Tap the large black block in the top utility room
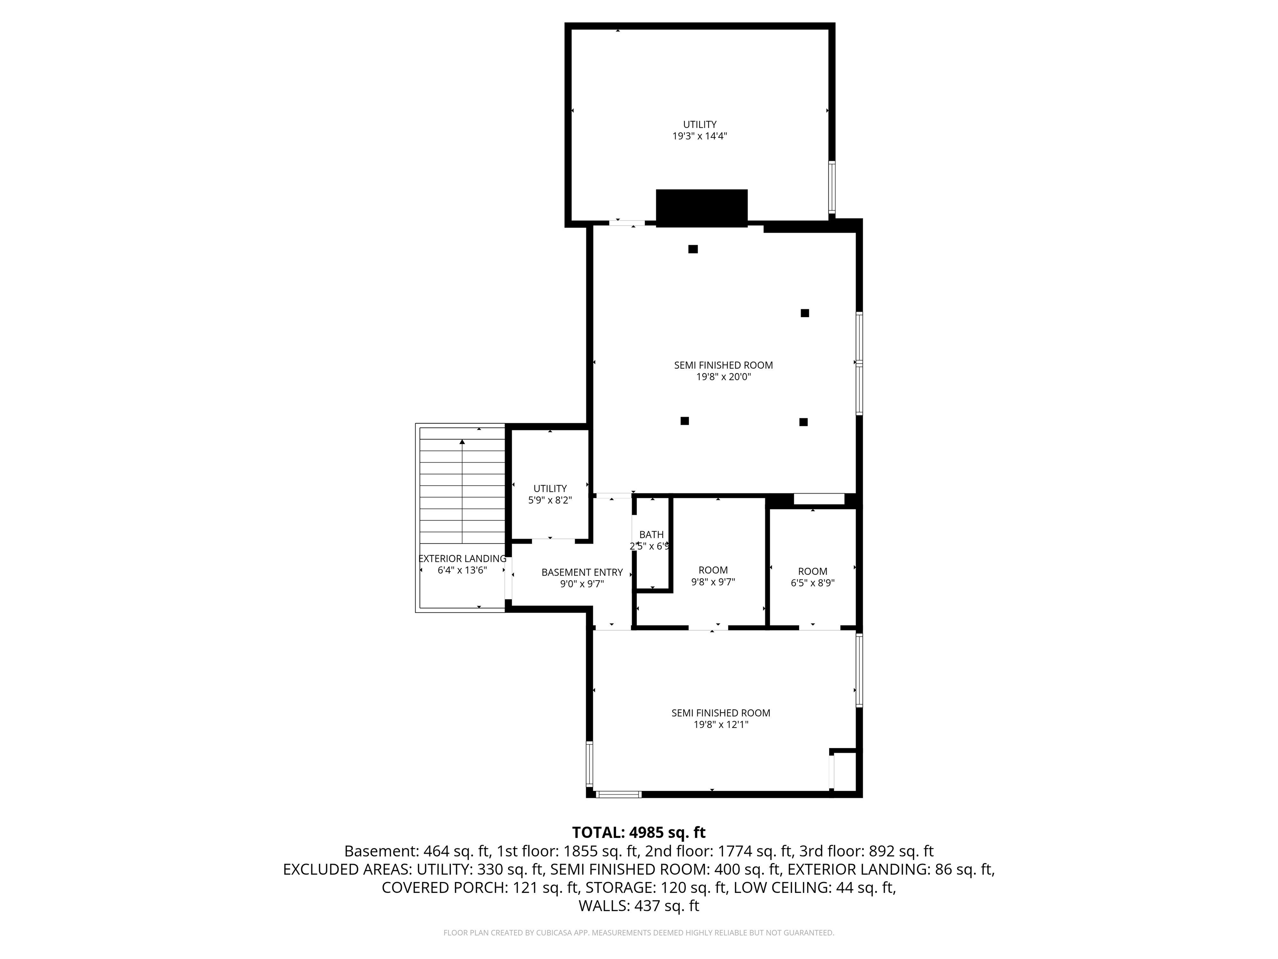coord(701,208)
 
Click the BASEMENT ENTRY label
coord(582,572)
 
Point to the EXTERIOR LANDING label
coord(462,559)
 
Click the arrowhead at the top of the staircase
coord(462,442)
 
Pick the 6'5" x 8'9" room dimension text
coord(812,583)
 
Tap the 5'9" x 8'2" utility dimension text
coord(550,500)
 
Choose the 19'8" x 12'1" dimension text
coord(721,724)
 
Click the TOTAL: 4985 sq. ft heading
coord(639,832)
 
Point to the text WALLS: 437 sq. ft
coord(639,906)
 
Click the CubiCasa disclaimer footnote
coord(639,932)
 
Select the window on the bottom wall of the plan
coord(618,794)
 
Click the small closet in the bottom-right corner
coord(845,771)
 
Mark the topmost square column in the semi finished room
coord(693,249)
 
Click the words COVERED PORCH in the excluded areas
coord(443,887)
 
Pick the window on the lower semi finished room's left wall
coord(589,764)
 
